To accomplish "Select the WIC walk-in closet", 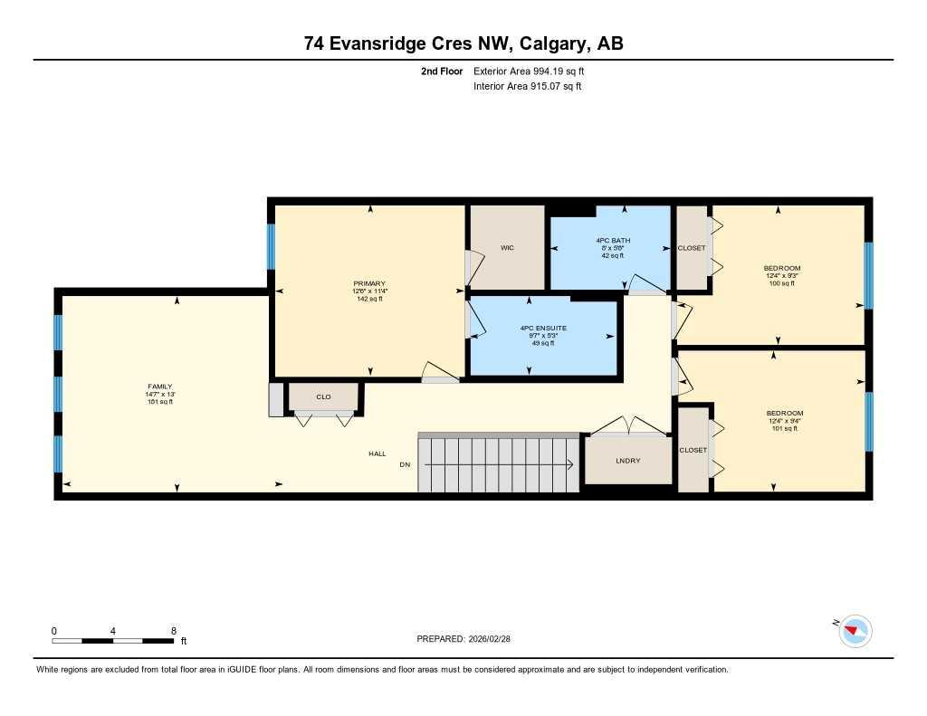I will click(x=507, y=248).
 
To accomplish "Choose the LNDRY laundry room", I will click(x=627, y=461).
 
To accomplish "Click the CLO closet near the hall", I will click(x=323, y=396).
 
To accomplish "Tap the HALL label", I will click(x=377, y=453).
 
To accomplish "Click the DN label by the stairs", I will click(x=405, y=465).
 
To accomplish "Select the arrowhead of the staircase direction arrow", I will click(x=569, y=465).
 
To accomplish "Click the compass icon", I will click(x=855, y=630).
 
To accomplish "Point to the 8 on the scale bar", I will click(x=173, y=630).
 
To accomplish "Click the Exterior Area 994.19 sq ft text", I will click(x=535, y=71).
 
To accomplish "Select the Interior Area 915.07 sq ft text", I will click(x=527, y=87).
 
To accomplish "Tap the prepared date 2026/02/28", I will click(x=496, y=638).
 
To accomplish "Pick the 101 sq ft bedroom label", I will click(x=784, y=428).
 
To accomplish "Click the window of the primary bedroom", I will click(x=271, y=246).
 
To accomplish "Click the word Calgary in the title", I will click(x=547, y=43).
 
